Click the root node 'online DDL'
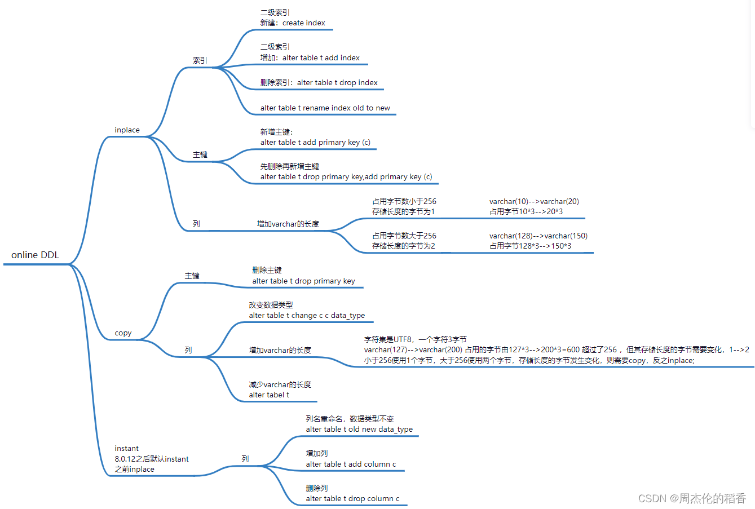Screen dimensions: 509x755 tap(35, 255)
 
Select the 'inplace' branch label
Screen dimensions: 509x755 tap(127, 130)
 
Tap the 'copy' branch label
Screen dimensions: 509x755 tap(123, 333)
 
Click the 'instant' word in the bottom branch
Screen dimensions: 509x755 tap(126, 449)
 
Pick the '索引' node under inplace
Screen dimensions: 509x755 tap(200, 60)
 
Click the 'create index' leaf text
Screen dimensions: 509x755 tap(303, 23)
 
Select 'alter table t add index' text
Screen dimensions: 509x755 tap(321, 58)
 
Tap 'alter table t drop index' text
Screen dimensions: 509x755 tap(337, 83)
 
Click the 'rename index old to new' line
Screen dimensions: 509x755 tap(325, 108)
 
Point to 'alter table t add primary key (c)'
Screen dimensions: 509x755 tap(315, 143)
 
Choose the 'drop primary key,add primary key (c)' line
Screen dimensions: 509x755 tap(346, 177)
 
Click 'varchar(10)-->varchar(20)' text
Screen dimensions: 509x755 tap(534, 202)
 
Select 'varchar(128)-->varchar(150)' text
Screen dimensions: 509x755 tap(538, 236)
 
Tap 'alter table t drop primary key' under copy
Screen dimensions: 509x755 tap(303, 281)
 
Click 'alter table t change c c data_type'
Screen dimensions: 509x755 tap(307, 316)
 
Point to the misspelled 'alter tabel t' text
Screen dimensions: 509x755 tap(269, 395)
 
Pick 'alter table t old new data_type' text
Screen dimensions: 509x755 tap(359, 430)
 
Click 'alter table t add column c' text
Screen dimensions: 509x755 tap(351, 464)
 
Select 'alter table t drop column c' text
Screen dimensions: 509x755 tap(352, 499)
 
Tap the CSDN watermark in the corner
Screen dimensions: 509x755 tap(692, 498)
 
